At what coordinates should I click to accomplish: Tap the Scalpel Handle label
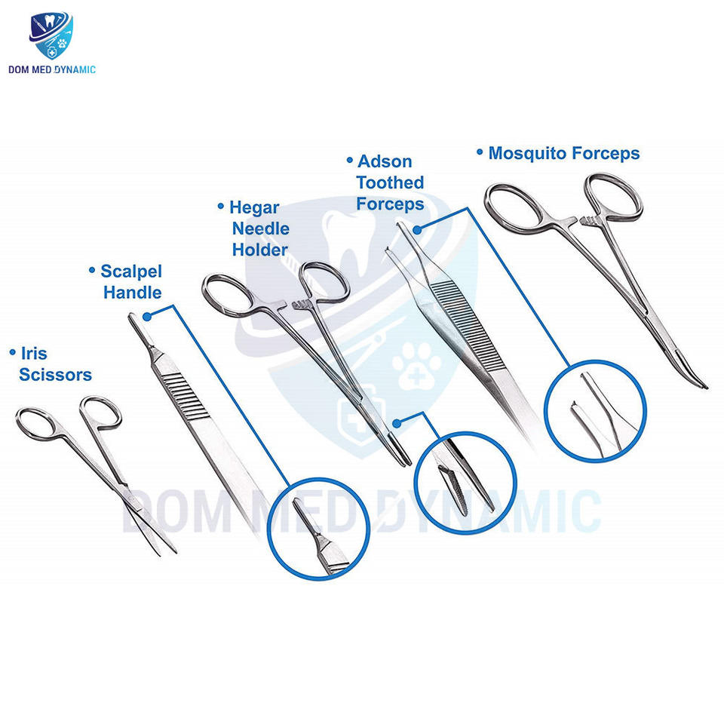pyautogui.click(x=132, y=281)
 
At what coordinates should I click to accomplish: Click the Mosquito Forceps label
pyautogui.click(x=563, y=153)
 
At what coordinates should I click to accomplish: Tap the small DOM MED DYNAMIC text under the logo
pyautogui.click(x=52, y=70)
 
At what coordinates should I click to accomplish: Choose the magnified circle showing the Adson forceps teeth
pyautogui.click(x=595, y=411)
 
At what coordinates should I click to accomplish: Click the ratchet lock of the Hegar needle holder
pyautogui.click(x=299, y=306)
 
